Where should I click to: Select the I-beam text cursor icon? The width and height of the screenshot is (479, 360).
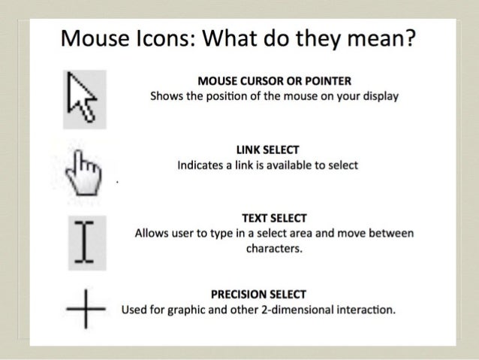[x=85, y=241]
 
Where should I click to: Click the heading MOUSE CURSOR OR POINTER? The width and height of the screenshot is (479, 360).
[x=273, y=81]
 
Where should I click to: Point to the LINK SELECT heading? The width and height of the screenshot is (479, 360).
[x=274, y=150]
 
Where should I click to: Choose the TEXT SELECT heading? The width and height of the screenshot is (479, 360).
[x=273, y=218]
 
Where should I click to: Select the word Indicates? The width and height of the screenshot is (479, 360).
[x=198, y=165]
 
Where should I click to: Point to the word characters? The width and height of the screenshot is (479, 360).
[x=274, y=249]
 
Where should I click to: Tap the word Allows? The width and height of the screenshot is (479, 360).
[x=151, y=234]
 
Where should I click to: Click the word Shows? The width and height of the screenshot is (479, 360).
[x=165, y=97]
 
